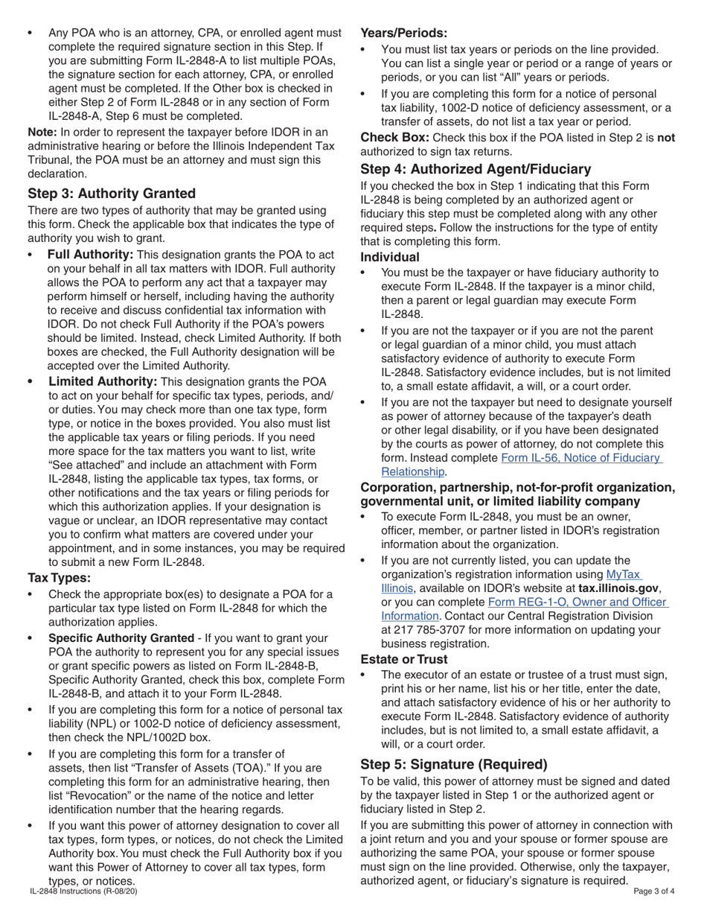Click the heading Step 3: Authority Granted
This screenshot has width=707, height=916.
click(112, 194)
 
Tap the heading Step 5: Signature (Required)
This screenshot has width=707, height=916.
click(454, 764)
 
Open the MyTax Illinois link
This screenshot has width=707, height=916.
click(624, 574)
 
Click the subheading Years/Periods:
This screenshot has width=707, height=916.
click(404, 33)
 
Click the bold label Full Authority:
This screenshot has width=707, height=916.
click(90, 255)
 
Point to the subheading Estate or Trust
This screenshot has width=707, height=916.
click(404, 659)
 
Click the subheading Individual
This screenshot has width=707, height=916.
click(390, 257)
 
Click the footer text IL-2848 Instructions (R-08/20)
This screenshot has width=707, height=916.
click(83, 891)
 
